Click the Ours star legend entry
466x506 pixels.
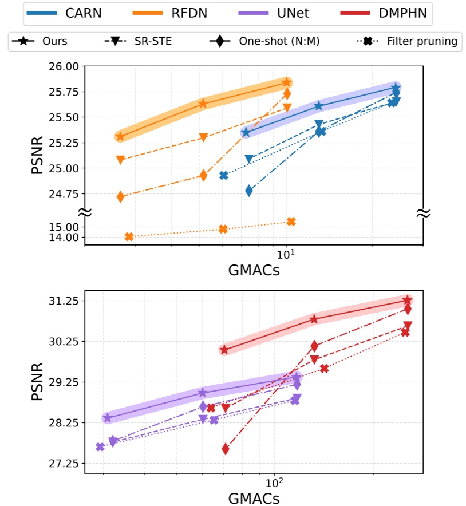click(x=42, y=41)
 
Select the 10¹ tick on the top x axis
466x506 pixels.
click(x=286, y=255)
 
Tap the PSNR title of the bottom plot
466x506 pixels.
click(x=37, y=382)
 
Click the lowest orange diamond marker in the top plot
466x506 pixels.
click(x=120, y=196)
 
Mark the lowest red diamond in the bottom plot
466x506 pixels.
click(x=226, y=449)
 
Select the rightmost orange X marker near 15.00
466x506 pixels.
click(x=291, y=222)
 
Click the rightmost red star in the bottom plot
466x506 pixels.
click(x=407, y=300)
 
